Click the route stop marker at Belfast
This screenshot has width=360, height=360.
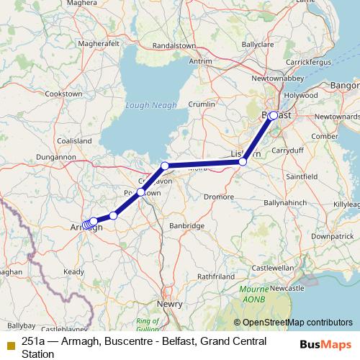coord(274,115)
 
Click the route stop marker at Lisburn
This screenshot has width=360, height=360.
coord(243,162)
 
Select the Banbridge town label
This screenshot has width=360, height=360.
coord(186,226)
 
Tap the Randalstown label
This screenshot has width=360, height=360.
coord(170,45)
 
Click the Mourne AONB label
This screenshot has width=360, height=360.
coord(260,299)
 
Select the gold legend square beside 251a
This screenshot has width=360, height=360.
coord(9,341)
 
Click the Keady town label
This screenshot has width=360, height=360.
coord(73,271)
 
